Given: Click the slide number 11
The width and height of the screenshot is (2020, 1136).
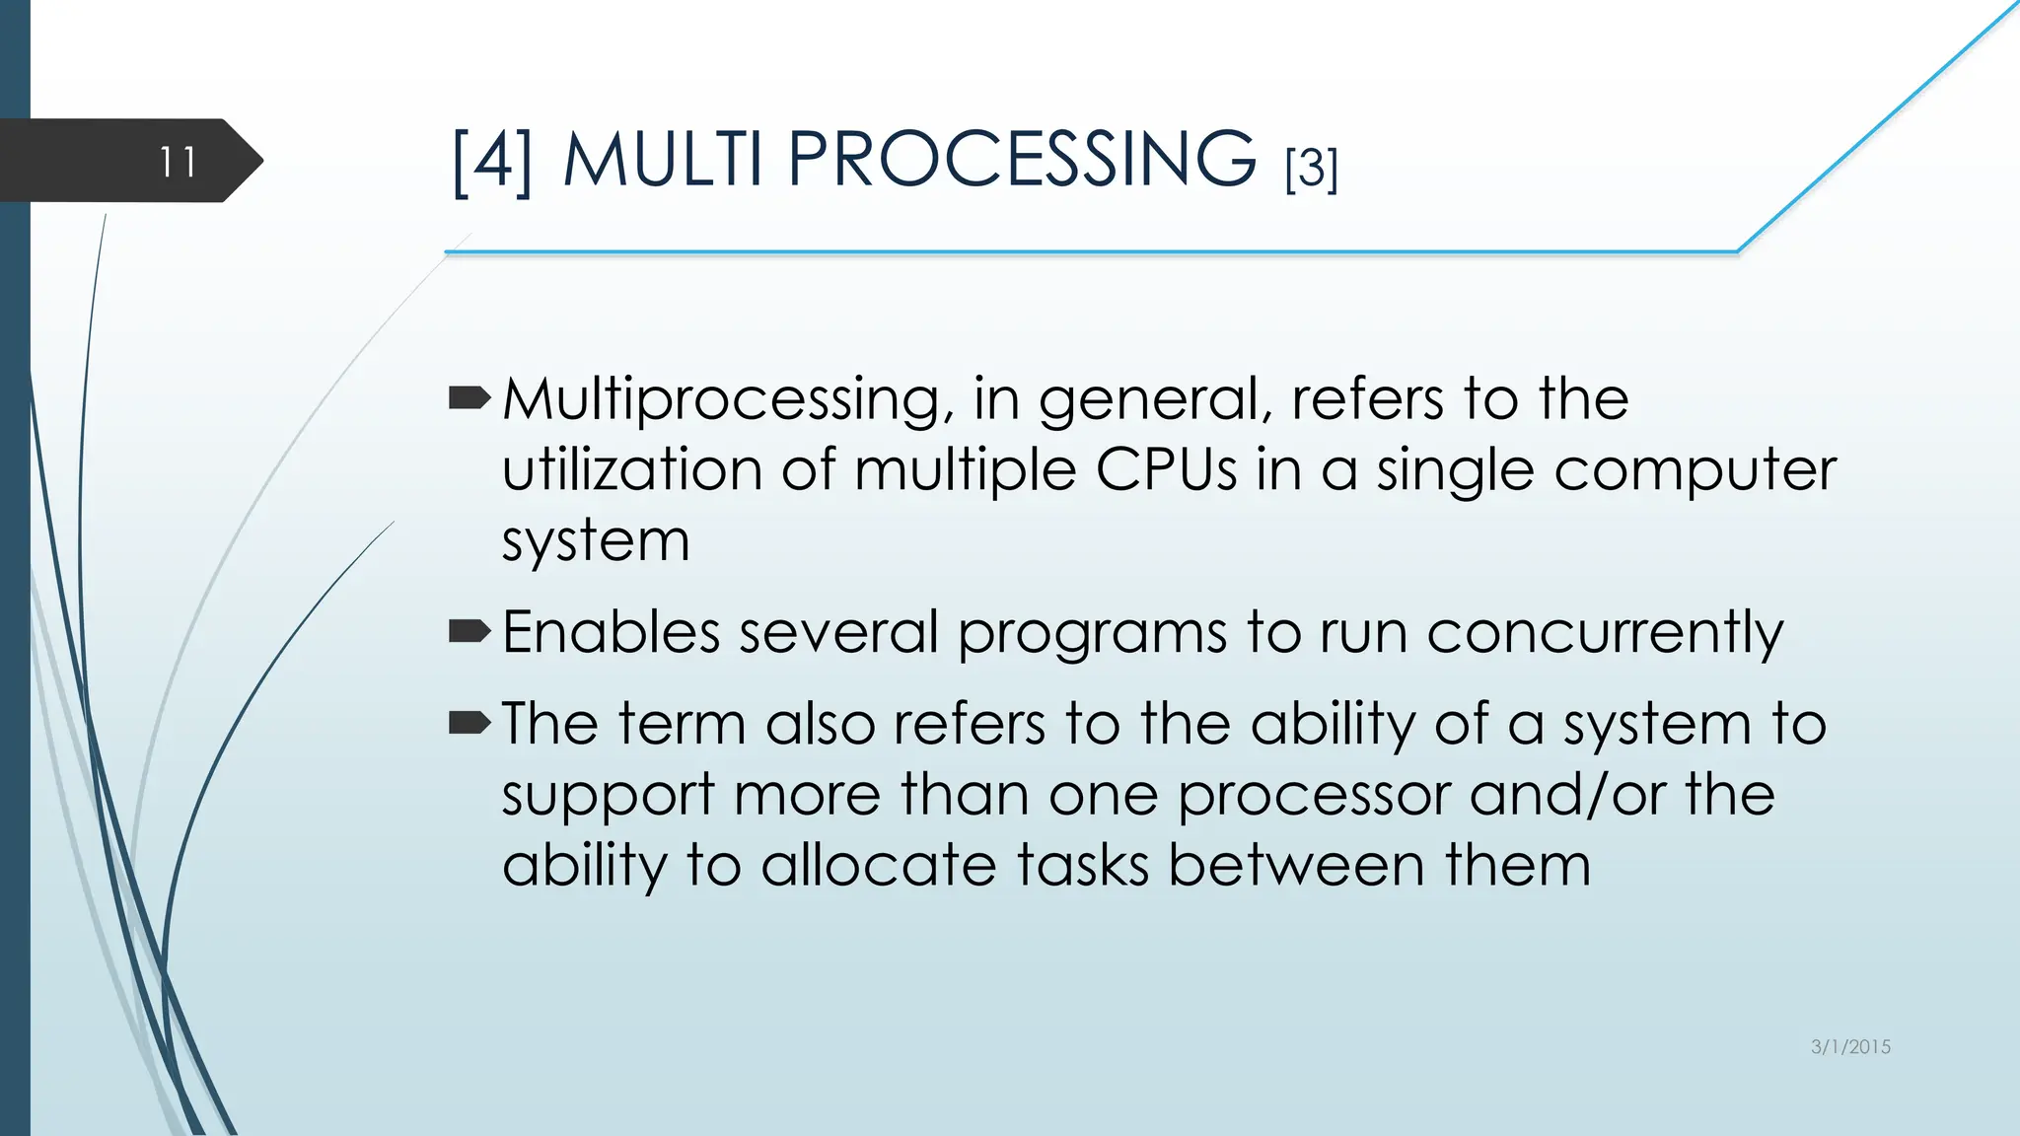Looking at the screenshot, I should click(179, 162).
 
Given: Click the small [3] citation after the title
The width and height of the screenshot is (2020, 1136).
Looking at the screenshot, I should click(1311, 169).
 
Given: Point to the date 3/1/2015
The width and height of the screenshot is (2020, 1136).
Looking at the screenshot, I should click(1850, 1047).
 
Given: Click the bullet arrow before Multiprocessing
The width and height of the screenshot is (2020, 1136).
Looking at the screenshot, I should click(469, 398).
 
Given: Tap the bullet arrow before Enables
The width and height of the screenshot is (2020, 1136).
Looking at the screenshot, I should click(469, 631).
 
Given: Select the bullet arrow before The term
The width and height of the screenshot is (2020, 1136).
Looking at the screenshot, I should click(469, 724).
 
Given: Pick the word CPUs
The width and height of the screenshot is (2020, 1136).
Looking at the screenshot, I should click(1166, 469).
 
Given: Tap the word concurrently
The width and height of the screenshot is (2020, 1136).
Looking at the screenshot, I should click(1605, 633).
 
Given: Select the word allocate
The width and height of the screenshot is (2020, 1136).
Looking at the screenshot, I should click(879, 866).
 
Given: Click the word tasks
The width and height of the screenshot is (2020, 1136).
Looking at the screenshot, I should click(1083, 866).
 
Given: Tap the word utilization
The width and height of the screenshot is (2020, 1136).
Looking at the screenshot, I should click(632, 469).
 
